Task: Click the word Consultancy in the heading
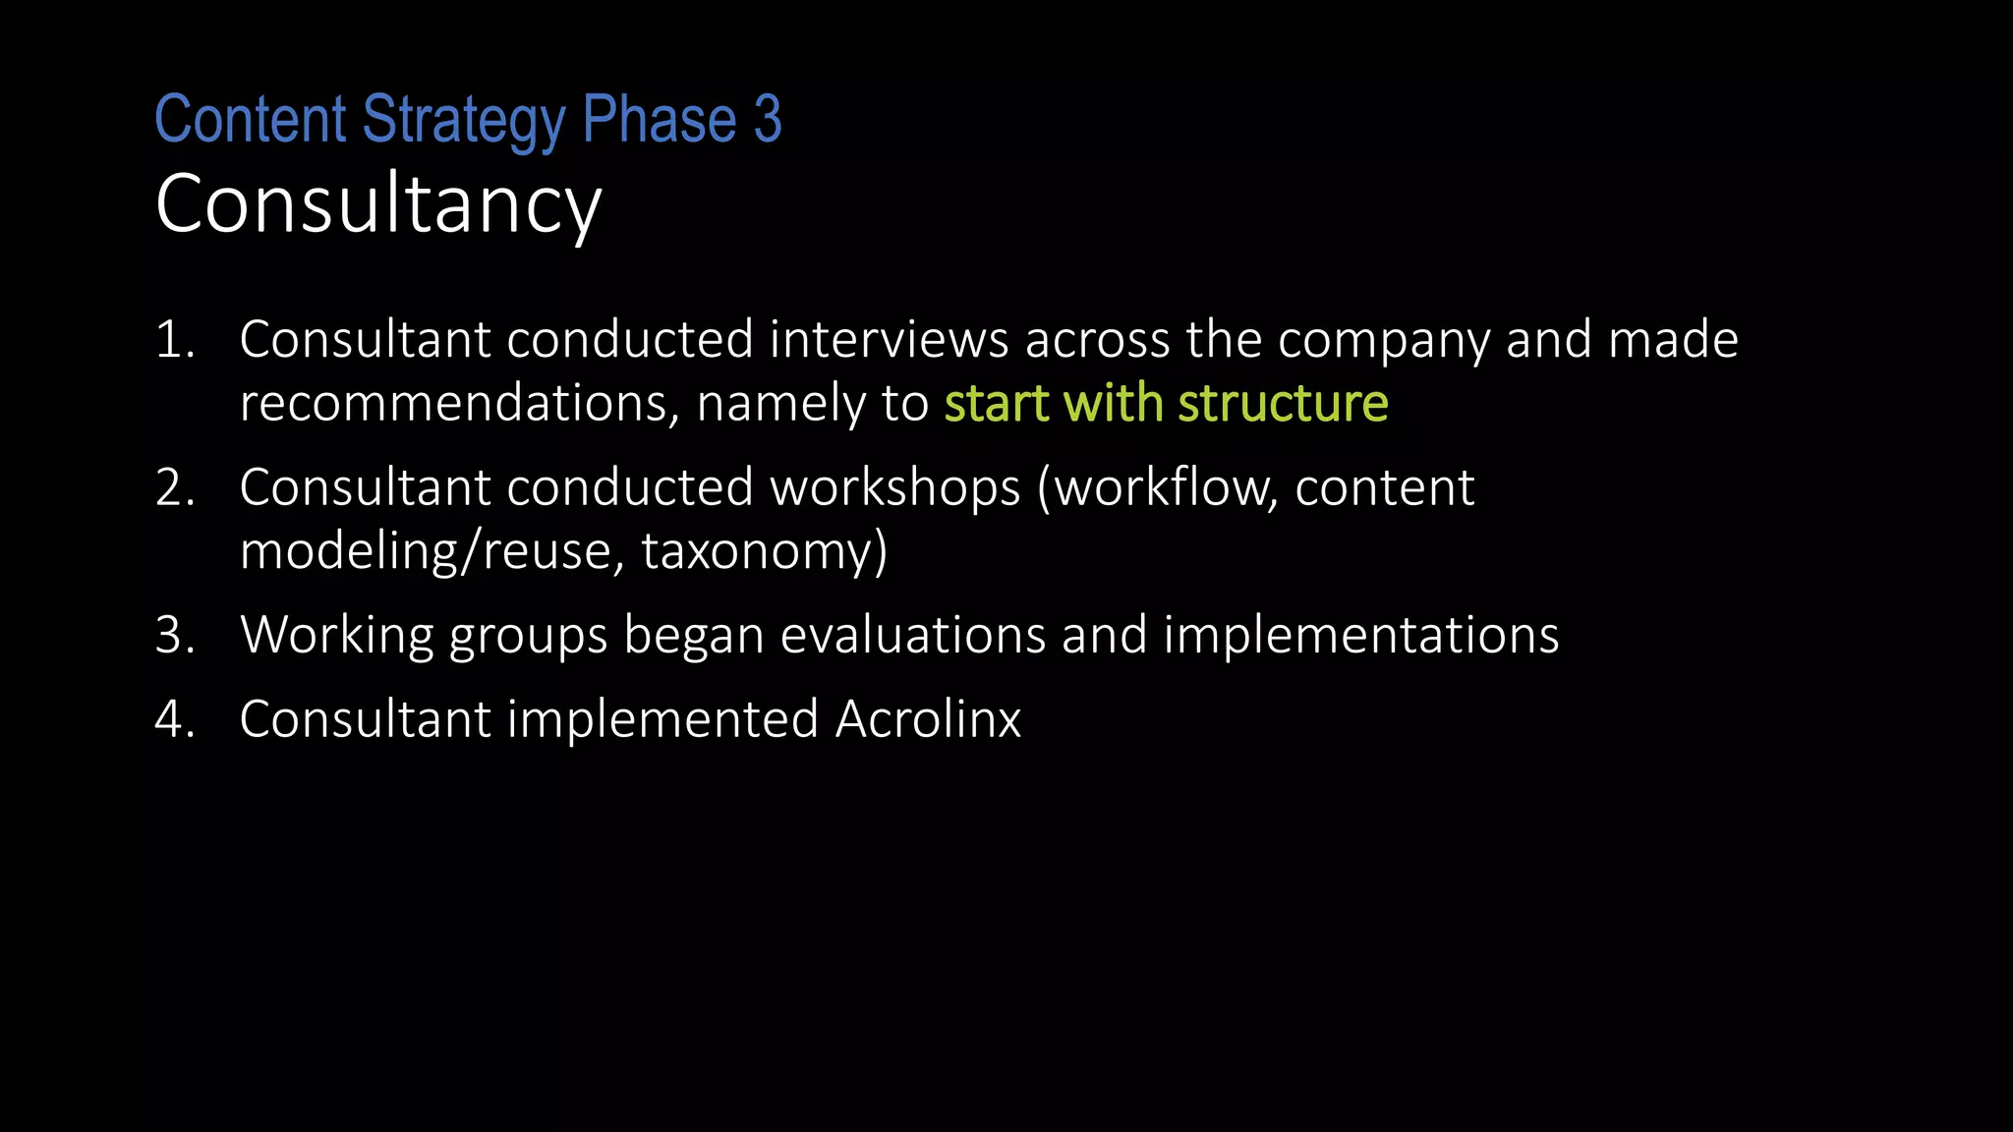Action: click(378, 204)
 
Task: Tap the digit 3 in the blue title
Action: click(768, 120)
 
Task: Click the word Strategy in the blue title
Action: click(463, 120)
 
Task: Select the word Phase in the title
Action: click(659, 120)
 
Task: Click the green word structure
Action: click(1283, 403)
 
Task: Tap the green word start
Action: click(997, 403)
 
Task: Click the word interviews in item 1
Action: click(889, 340)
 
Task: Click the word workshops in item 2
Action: click(894, 487)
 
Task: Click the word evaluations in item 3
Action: click(912, 635)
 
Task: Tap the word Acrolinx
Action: click(928, 719)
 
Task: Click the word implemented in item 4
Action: click(662, 719)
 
